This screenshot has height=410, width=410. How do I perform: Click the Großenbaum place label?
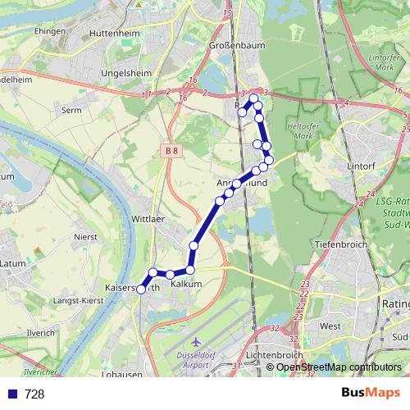click(x=238, y=46)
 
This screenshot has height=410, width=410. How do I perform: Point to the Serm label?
click(x=71, y=109)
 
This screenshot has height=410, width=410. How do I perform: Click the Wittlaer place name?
click(x=148, y=220)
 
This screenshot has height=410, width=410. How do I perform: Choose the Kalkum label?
click(x=186, y=284)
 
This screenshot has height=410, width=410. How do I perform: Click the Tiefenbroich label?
click(x=338, y=244)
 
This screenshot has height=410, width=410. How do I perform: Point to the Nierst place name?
click(x=85, y=236)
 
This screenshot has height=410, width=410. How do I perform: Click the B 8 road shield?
click(x=169, y=151)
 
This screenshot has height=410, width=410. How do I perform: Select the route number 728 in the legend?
click(x=34, y=394)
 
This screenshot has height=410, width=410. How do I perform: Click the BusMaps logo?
click(x=370, y=393)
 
